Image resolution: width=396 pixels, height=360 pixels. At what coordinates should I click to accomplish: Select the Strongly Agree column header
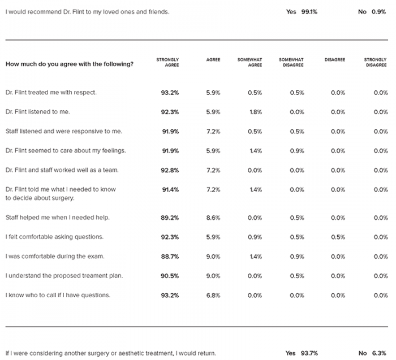pos(167,62)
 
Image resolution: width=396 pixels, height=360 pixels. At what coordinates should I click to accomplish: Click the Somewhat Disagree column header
pos(291,62)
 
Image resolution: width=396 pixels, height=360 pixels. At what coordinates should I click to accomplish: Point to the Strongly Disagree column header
pos(375,62)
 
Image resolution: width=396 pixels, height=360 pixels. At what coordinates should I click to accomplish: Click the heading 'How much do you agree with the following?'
pos(70,64)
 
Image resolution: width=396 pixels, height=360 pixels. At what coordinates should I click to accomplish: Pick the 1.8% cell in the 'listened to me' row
pos(256,112)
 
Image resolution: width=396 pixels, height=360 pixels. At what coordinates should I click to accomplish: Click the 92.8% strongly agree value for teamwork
pos(170,170)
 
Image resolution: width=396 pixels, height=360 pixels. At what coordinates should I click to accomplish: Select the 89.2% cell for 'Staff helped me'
pos(170,218)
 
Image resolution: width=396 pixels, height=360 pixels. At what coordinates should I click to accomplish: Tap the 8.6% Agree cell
pos(213,218)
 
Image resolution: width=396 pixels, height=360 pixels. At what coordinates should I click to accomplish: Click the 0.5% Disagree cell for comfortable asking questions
pos(338,237)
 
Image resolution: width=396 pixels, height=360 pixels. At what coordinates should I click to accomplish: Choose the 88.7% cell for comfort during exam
pos(170,257)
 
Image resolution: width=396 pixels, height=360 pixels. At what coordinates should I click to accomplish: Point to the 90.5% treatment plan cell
pos(170,276)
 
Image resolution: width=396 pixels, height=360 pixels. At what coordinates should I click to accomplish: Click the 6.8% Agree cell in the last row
pos(213,296)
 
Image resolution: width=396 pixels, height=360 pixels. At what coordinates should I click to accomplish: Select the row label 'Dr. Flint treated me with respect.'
pos(51,93)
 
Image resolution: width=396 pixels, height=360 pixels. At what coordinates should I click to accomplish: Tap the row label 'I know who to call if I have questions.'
pos(58,295)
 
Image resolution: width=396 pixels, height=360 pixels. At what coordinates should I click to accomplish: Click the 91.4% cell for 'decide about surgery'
pos(170,190)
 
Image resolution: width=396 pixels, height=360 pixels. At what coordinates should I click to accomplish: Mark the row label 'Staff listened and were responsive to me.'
pos(63,132)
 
